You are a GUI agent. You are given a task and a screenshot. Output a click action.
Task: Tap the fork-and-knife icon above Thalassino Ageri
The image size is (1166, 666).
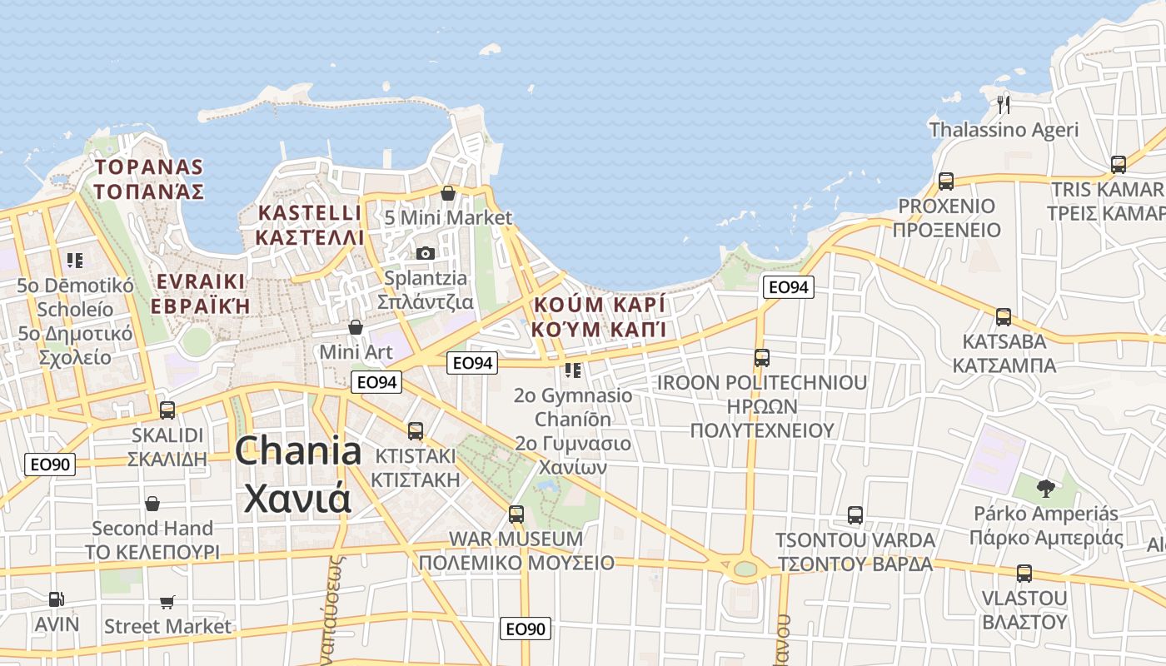[1004, 104]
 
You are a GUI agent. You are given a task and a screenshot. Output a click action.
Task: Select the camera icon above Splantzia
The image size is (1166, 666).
[425, 253]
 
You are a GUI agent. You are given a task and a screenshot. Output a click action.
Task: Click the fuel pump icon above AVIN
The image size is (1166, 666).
[56, 599]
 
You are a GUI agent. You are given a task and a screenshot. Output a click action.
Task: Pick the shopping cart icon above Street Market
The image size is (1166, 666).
[167, 602]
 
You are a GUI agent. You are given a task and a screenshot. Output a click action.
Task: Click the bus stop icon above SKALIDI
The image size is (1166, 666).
[167, 410]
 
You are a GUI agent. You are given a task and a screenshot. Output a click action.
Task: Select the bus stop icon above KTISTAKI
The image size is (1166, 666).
[415, 431]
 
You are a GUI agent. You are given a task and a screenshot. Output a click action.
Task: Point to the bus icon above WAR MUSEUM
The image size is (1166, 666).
[516, 514]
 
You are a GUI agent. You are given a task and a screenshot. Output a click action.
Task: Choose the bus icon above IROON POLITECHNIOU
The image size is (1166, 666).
[761, 358]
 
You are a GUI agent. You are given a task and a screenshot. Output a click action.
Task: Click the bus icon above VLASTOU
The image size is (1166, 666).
[1024, 574]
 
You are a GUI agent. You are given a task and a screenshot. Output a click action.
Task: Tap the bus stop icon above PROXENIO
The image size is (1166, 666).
[945, 181]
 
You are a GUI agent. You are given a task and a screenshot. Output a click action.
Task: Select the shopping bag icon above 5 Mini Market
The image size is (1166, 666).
[448, 193]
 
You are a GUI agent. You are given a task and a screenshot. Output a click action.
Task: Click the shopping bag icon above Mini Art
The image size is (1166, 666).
[356, 327]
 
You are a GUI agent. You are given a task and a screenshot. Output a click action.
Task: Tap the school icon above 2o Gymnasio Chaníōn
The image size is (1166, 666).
[572, 370]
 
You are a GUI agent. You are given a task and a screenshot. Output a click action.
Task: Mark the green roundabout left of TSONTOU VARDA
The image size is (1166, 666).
[745, 569]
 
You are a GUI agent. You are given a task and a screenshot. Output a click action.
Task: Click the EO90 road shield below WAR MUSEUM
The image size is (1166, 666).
[526, 629]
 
